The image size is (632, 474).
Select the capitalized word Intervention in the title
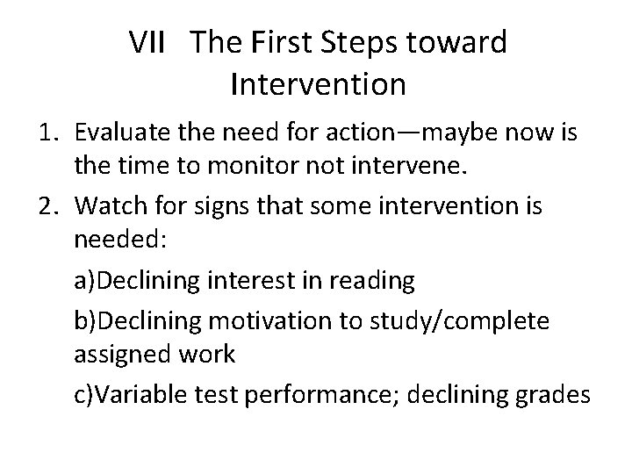coord(317,84)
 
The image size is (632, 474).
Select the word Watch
coord(109,206)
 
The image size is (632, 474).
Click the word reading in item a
coord(370,281)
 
